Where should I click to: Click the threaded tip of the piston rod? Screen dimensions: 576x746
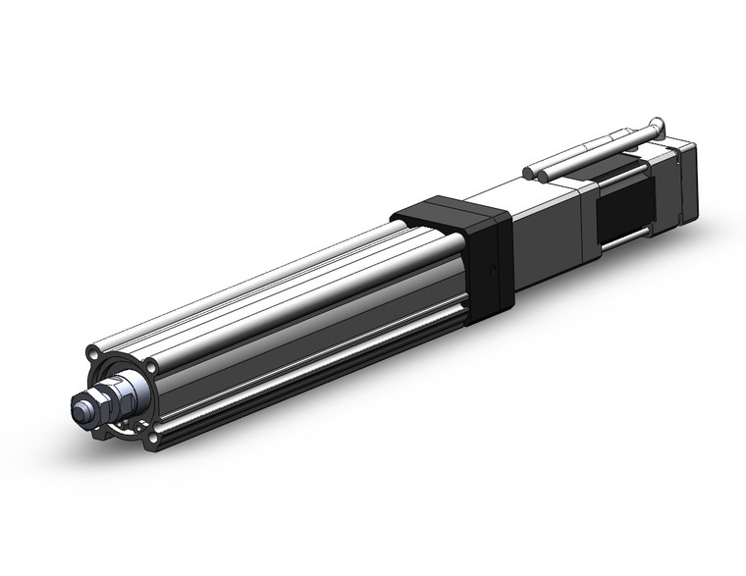coord(80,404)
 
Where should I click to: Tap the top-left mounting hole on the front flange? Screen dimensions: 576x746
coord(93,351)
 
